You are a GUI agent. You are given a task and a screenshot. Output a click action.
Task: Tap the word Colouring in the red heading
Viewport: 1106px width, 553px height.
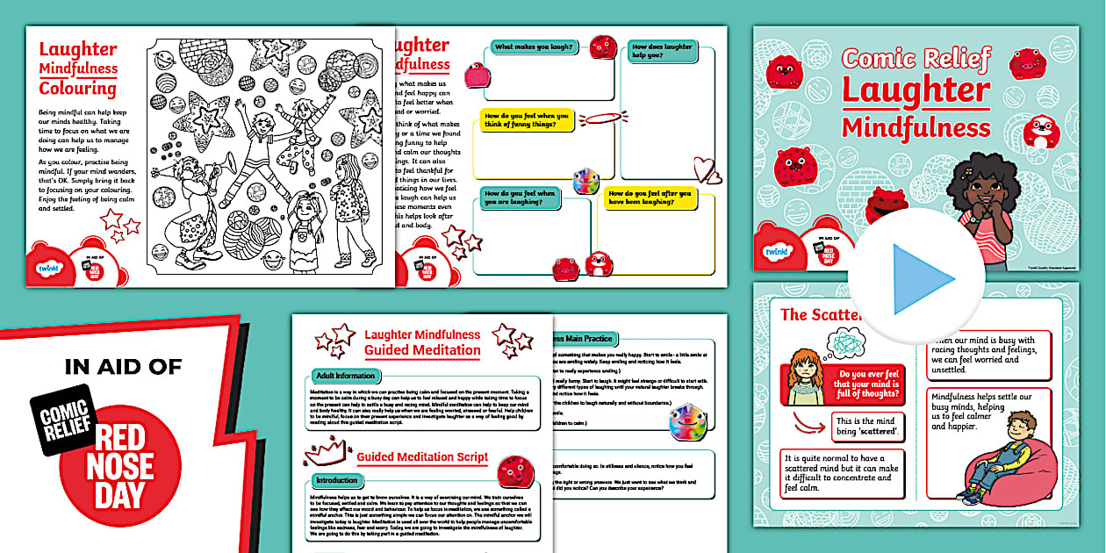tap(77, 88)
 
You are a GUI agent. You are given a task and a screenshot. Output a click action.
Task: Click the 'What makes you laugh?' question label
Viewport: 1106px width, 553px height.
tap(528, 47)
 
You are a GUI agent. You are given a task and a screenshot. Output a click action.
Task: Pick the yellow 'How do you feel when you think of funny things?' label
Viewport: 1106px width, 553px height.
tap(526, 120)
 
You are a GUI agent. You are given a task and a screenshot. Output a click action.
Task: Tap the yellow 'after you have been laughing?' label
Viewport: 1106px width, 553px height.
tap(650, 198)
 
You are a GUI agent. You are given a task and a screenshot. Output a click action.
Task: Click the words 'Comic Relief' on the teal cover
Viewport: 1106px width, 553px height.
tap(916, 60)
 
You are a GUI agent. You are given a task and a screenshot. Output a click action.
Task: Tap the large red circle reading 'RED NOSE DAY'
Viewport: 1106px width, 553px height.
tap(123, 465)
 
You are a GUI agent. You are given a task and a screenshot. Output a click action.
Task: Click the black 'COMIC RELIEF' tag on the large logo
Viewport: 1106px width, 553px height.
tap(61, 418)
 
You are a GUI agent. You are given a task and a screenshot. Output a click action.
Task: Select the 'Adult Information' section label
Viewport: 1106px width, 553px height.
tap(345, 376)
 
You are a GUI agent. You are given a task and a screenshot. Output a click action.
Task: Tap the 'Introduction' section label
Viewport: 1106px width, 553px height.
tap(337, 480)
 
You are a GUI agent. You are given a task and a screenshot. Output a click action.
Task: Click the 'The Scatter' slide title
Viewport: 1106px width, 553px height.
tap(818, 314)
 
